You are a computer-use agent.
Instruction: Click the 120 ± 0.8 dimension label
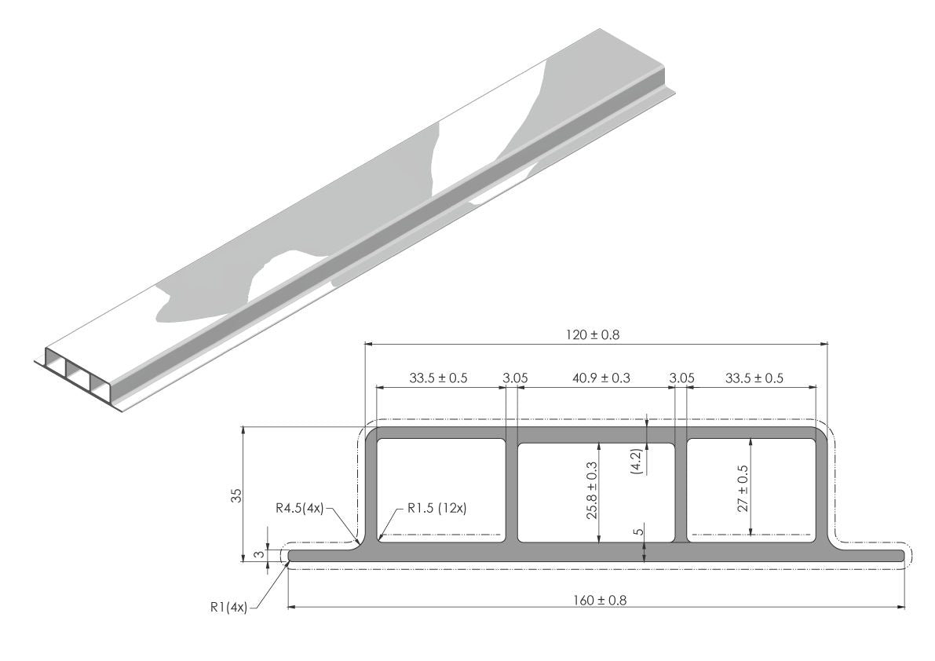coord(592,335)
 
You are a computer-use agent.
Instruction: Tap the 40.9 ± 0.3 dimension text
coord(601,378)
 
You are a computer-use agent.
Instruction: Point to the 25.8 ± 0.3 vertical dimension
coord(592,490)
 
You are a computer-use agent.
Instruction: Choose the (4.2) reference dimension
coord(636,461)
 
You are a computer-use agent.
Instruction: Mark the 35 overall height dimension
coord(237,495)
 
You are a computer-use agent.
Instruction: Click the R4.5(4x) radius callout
coord(299,509)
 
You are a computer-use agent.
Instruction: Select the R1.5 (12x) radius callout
coord(437,509)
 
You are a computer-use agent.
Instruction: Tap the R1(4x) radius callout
coord(228,608)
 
